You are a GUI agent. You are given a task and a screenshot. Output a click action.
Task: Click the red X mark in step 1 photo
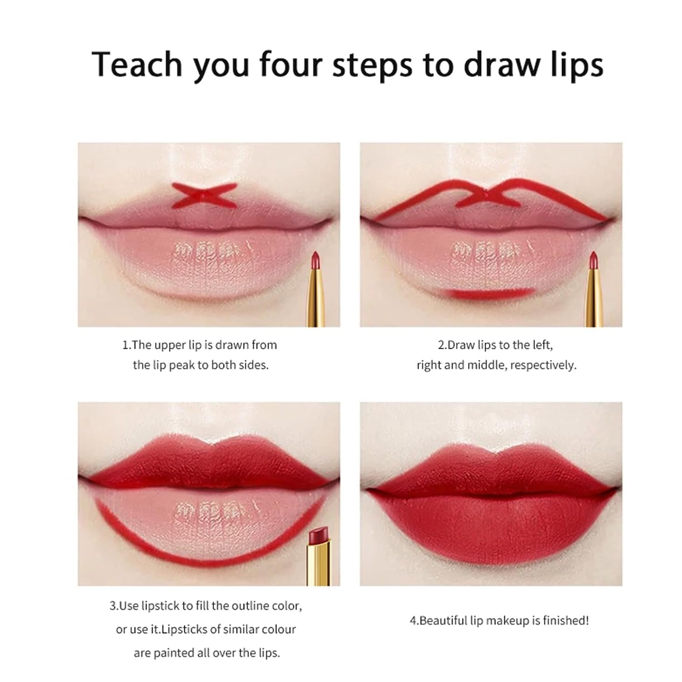[x=204, y=195]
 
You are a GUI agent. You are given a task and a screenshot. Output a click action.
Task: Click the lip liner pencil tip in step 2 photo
[x=593, y=260]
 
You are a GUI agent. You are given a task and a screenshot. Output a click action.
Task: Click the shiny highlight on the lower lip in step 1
[x=209, y=255]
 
